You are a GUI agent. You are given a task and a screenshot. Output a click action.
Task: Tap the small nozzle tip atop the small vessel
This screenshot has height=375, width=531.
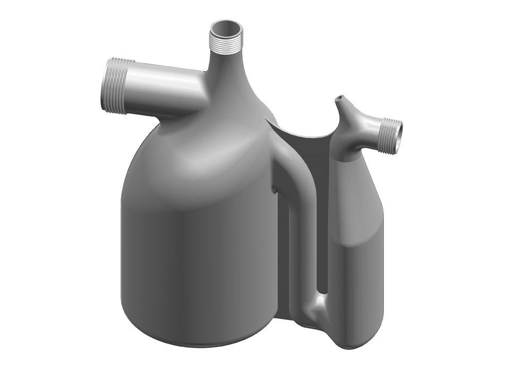pyautogui.click(x=338, y=99)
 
